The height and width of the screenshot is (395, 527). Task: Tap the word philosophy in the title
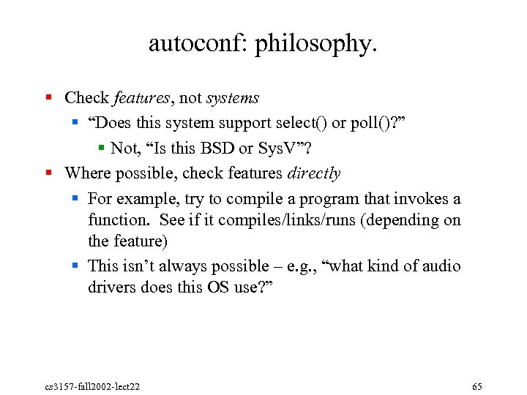316,45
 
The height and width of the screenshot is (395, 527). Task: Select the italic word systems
233,98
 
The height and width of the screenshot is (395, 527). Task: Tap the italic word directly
314,173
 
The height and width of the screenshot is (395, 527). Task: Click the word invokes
425,199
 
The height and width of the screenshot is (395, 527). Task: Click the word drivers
111,287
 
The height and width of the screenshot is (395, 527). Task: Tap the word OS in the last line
217,287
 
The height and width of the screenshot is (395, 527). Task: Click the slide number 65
477,385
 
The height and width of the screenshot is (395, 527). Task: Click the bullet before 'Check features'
48,97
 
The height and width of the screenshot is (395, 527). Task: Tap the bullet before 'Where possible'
48,173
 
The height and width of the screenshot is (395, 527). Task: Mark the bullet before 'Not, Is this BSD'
102,148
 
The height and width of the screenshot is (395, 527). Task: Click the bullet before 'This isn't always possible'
77,266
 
